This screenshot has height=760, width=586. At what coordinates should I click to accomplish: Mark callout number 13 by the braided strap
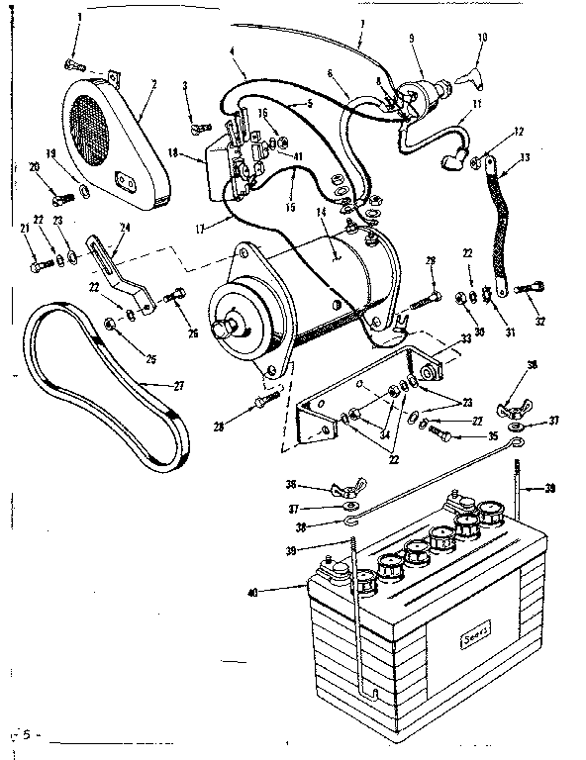pos(525,157)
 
